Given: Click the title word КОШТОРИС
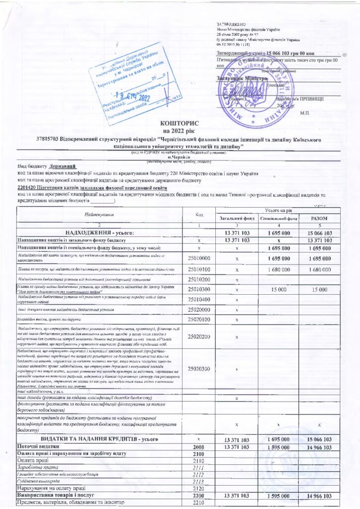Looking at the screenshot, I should tap(180, 122).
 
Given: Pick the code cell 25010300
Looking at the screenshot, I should tap(198, 289).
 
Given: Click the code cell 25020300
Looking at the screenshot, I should tap(198, 355).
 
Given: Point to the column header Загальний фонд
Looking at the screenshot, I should tap(237, 218).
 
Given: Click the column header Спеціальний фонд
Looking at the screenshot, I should tap(278, 218).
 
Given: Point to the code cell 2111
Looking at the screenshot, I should tap(198, 468).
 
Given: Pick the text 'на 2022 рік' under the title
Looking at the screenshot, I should tap(180, 130).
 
